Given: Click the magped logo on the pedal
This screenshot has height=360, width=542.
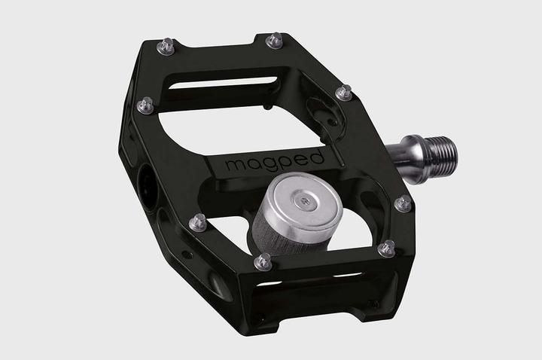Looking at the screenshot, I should (274, 160).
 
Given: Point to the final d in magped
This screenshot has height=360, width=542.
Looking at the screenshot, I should (318, 157).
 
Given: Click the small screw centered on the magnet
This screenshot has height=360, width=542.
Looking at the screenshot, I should (303, 202).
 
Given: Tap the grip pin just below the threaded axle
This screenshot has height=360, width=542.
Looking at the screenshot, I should (403, 203).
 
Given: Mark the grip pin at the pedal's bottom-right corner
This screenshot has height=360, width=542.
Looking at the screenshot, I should (388, 247).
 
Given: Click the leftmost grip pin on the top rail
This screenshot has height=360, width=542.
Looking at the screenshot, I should (166, 47).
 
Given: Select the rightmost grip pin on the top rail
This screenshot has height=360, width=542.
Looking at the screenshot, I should (275, 39).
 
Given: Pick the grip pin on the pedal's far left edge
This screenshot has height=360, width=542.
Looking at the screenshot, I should (145, 105).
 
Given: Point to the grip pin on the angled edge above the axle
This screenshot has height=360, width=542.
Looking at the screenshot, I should (344, 93).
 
